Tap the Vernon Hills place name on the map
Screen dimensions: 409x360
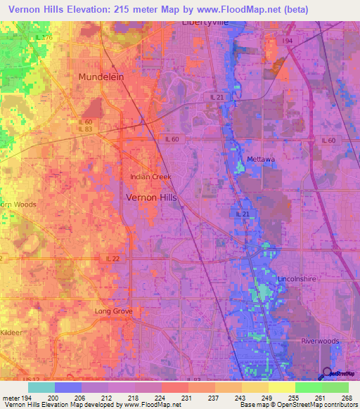tap(151, 197)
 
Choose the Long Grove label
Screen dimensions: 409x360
tap(114, 311)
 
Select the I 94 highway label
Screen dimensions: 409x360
tap(288, 41)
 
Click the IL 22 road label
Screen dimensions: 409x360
tap(113, 259)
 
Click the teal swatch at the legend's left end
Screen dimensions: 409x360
tap(41, 387)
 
